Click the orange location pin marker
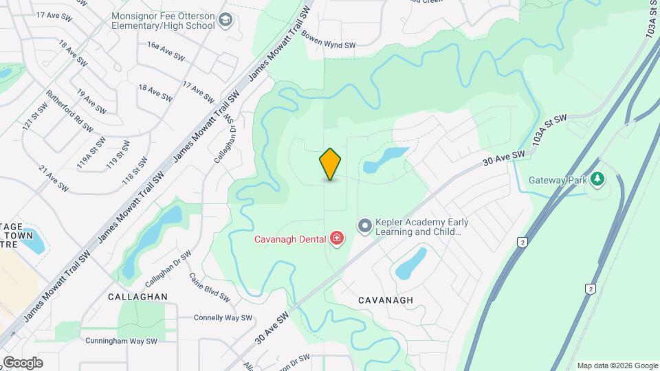click(x=331, y=164)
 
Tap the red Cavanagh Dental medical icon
click(x=337, y=238)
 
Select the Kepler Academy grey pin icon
click(x=364, y=225)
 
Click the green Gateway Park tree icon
click(x=598, y=180)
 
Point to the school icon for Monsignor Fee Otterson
click(x=225, y=21)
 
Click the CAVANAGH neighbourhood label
click(x=386, y=300)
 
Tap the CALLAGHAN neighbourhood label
click(x=137, y=296)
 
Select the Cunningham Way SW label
click(x=122, y=341)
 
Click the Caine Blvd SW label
click(x=209, y=287)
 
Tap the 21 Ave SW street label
click(x=54, y=178)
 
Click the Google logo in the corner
click(x=22, y=363)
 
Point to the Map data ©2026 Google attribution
click(x=617, y=366)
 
